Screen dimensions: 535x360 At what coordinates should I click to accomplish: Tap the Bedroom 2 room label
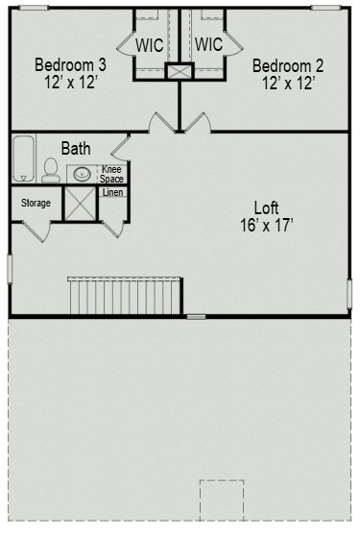tap(287, 65)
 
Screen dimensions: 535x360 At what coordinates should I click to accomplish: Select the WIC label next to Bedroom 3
tap(150, 45)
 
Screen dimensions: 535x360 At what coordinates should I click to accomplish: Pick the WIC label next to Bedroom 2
tap(208, 45)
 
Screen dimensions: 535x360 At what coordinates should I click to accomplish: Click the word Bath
tap(76, 149)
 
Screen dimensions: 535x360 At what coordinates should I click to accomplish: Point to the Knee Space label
tap(112, 174)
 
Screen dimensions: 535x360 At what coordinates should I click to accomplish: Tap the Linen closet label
tap(113, 193)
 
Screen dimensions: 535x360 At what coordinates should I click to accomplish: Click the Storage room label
tap(36, 203)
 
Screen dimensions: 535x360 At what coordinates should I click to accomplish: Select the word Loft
tap(267, 207)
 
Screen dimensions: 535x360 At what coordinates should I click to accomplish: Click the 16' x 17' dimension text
tap(267, 226)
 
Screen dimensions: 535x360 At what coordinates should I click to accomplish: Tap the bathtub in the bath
tap(22, 158)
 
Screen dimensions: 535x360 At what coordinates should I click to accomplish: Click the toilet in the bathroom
tap(50, 171)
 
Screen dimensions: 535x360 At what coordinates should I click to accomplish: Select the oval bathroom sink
tap(84, 175)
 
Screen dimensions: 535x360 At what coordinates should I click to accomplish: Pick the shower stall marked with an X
tap(80, 204)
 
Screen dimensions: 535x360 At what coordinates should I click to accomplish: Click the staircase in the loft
tap(124, 293)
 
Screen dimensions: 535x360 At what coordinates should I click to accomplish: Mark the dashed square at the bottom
tap(222, 499)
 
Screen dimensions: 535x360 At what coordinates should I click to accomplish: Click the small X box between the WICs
tap(180, 72)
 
